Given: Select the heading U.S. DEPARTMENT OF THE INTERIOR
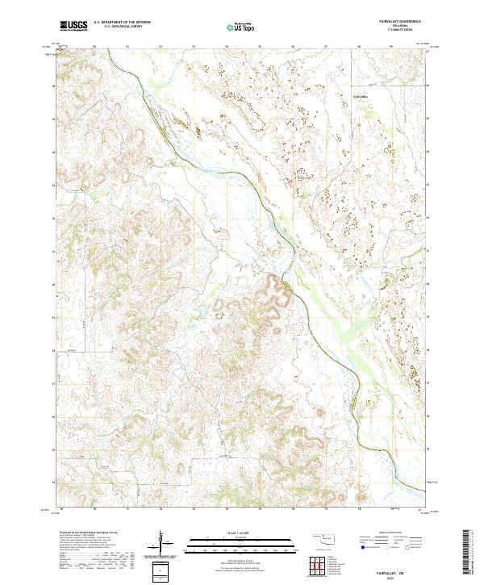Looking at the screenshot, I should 122,23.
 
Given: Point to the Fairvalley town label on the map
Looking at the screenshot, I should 361,96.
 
